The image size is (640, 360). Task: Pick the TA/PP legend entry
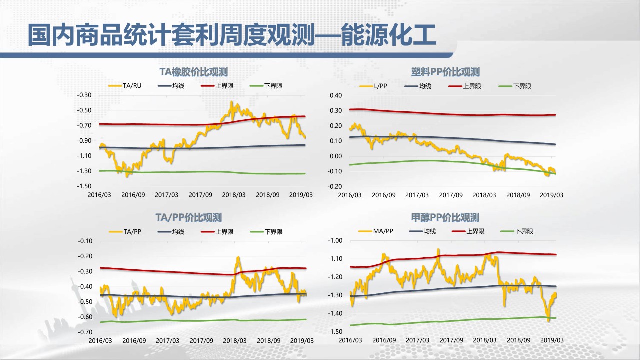(x=132, y=231)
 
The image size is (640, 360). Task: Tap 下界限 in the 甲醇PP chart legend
(x=524, y=231)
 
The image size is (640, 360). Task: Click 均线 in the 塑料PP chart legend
(x=425, y=86)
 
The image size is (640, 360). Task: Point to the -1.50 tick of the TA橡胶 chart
(x=85, y=186)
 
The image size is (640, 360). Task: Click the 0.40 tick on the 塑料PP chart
(x=335, y=95)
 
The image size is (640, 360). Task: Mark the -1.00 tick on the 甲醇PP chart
(x=335, y=241)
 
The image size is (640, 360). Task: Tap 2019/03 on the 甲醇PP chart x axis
(x=552, y=340)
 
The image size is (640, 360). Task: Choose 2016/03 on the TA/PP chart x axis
(x=100, y=340)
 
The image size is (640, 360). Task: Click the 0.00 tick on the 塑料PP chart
(x=335, y=156)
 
